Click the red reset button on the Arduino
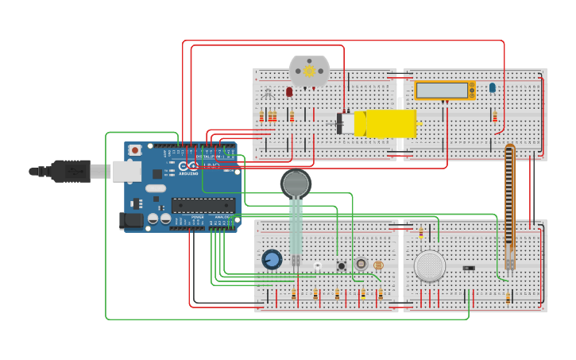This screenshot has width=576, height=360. (x=135, y=149)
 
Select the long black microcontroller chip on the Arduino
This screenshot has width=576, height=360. (x=203, y=205)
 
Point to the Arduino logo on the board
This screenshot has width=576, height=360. (x=187, y=168)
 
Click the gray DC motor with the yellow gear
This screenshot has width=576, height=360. (x=309, y=72)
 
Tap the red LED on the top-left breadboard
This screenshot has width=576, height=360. (x=289, y=92)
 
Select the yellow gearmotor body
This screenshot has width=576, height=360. (x=385, y=123)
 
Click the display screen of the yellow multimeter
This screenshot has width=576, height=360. (x=442, y=90)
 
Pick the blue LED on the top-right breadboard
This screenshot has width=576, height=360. (x=493, y=87)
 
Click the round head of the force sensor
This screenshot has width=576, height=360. (x=296, y=184)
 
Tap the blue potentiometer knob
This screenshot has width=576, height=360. (x=272, y=260)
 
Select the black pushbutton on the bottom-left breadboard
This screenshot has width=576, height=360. (x=342, y=265)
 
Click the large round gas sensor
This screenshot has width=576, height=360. (x=430, y=265)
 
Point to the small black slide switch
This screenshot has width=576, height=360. (x=469, y=268)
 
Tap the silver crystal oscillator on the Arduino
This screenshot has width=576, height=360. (x=156, y=188)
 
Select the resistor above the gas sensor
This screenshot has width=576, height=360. (x=421, y=234)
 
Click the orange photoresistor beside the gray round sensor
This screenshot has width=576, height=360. (x=378, y=265)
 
